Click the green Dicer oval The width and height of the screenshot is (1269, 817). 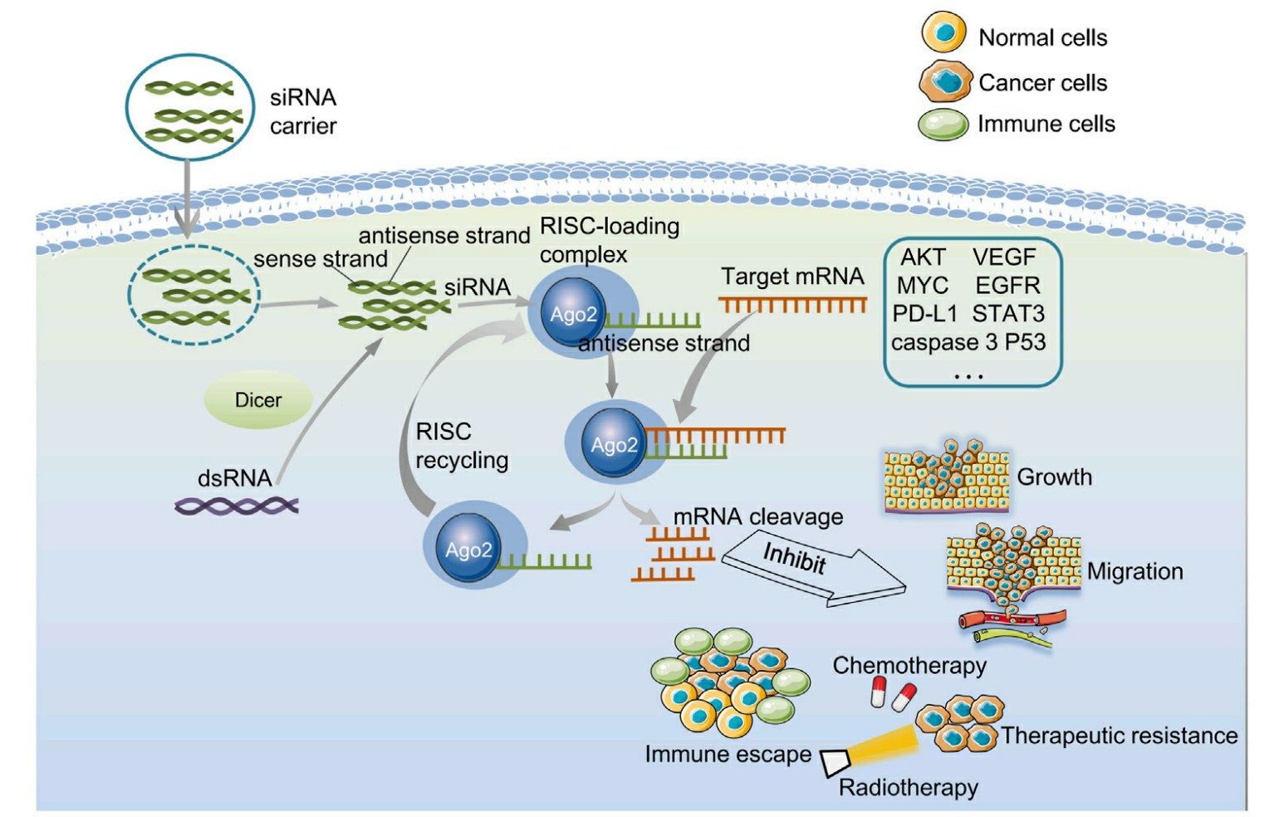click(258, 400)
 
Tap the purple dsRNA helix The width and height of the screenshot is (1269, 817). click(237, 505)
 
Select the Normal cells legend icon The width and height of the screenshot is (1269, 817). click(943, 33)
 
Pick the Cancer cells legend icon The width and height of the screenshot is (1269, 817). click(945, 81)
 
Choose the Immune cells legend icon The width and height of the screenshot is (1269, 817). click(943, 125)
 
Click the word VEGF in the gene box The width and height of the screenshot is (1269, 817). click(1004, 257)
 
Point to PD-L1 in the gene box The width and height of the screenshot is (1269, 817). click(924, 314)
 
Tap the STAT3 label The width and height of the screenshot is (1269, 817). click(1008, 314)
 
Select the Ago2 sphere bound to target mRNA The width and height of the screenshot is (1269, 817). click(614, 444)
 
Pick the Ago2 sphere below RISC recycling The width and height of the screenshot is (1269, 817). click(468, 549)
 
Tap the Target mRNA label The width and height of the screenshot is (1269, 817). click(792, 276)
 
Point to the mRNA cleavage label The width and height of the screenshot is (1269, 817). click(757, 516)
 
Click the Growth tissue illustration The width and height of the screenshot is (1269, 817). click(946, 477)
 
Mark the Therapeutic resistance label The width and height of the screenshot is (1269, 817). click(1119, 736)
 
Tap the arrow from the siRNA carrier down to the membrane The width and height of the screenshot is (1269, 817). click(188, 195)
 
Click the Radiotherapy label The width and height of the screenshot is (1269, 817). click(908, 787)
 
